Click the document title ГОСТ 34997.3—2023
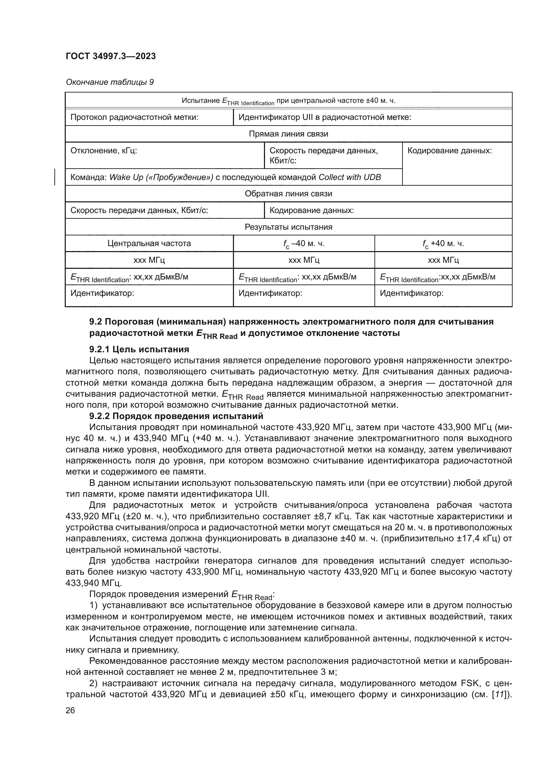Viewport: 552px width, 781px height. pyautogui.click(x=110, y=56)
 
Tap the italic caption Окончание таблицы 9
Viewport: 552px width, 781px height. pyautogui.click(x=109, y=82)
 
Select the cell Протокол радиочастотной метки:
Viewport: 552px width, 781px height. pyautogui.click(x=134, y=117)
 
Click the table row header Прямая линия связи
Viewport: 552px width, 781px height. pyautogui.click(x=288, y=134)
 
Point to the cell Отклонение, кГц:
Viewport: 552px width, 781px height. pyautogui.click(x=104, y=151)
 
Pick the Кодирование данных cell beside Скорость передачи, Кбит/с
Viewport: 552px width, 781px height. pyautogui.click(x=311, y=211)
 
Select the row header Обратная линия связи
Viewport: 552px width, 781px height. pyautogui.click(x=288, y=194)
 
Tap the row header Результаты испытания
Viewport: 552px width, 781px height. pyautogui.click(x=288, y=227)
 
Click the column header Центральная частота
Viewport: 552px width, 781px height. pyautogui.click(x=149, y=243)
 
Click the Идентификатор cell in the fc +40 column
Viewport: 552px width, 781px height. pyautogui.click(x=411, y=293)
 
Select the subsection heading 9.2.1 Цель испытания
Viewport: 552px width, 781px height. pyautogui.click(x=139, y=349)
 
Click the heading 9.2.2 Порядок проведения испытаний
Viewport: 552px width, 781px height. pyautogui.click(x=176, y=416)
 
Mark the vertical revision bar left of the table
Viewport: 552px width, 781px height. pyautogui.click(x=55, y=177)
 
